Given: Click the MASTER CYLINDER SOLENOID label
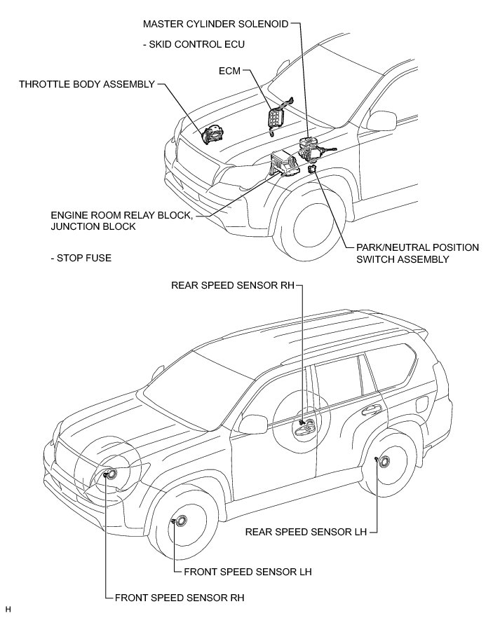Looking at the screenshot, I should (215, 23).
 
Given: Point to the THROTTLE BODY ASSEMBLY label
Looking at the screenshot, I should (86, 84).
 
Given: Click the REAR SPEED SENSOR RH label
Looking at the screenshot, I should (232, 285).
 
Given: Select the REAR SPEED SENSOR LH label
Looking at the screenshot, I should (306, 531).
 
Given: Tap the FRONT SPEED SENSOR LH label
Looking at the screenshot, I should (247, 571).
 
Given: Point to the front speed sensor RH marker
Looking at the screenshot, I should (106, 475).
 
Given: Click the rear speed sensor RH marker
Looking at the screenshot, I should (302, 423).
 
